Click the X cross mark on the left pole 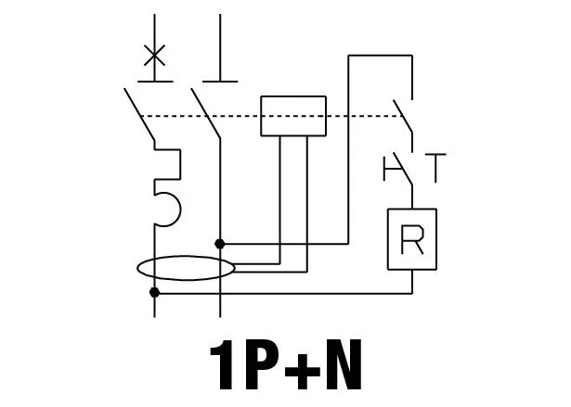click(x=154, y=56)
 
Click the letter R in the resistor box click(x=412, y=239)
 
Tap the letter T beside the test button click(x=435, y=168)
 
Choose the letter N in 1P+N click(x=344, y=364)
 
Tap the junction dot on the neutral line click(x=220, y=244)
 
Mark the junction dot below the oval click(x=154, y=292)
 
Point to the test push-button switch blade click(x=403, y=169)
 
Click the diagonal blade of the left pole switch click(x=139, y=114)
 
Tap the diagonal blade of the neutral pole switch click(x=206, y=113)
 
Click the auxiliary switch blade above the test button click(x=402, y=117)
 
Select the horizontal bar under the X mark click(x=155, y=82)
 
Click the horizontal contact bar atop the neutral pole click(x=220, y=82)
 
